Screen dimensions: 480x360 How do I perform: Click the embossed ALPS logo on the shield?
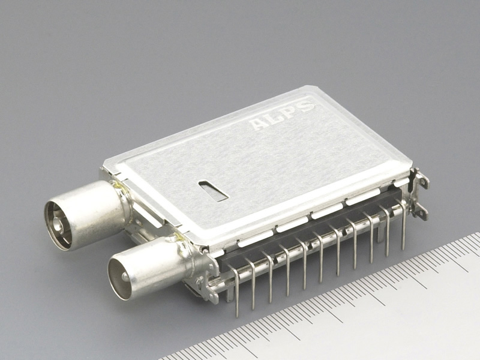282,115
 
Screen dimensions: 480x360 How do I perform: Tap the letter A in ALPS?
258,124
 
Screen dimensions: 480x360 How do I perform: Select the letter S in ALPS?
305,106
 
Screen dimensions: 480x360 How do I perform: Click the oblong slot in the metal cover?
214,191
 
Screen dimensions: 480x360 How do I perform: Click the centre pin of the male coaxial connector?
125,277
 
